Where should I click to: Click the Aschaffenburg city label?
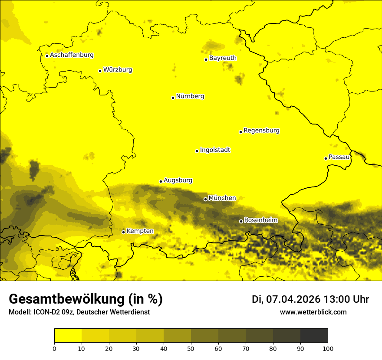pyautogui.click(x=72, y=55)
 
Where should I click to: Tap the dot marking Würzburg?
pyautogui.click(x=100, y=71)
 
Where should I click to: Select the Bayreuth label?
pyautogui.click(x=223, y=58)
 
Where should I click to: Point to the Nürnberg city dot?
pyautogui.click(x=173, y=98)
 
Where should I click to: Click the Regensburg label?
pyautogui.click(x=261, y=131)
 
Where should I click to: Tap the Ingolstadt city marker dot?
pyautogui.click(x=197, y=151)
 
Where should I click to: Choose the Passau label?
pyautogui.click(x=339, y=157)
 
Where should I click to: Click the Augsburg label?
pyautogui.click(x=178, y=180)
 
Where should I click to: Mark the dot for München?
pyautogui.click(x=205, y=199)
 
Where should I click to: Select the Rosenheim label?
pyautogui.click(x=260, y=220)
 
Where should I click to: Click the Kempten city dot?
pyautogui.click(x=123, y=232)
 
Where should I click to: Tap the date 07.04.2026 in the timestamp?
pyautogui.click(x=293, y=299)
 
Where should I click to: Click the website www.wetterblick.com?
pyautogui.click(x=313, y=312)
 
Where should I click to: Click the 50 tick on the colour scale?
pyautogui.click(x=191, y=348)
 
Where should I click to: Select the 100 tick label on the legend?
pyautogui.click(x=328, y=348)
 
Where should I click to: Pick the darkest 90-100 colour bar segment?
pyautogui.click(x=314, y=335)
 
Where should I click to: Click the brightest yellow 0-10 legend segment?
pyautogui.click(x=68, y=335)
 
